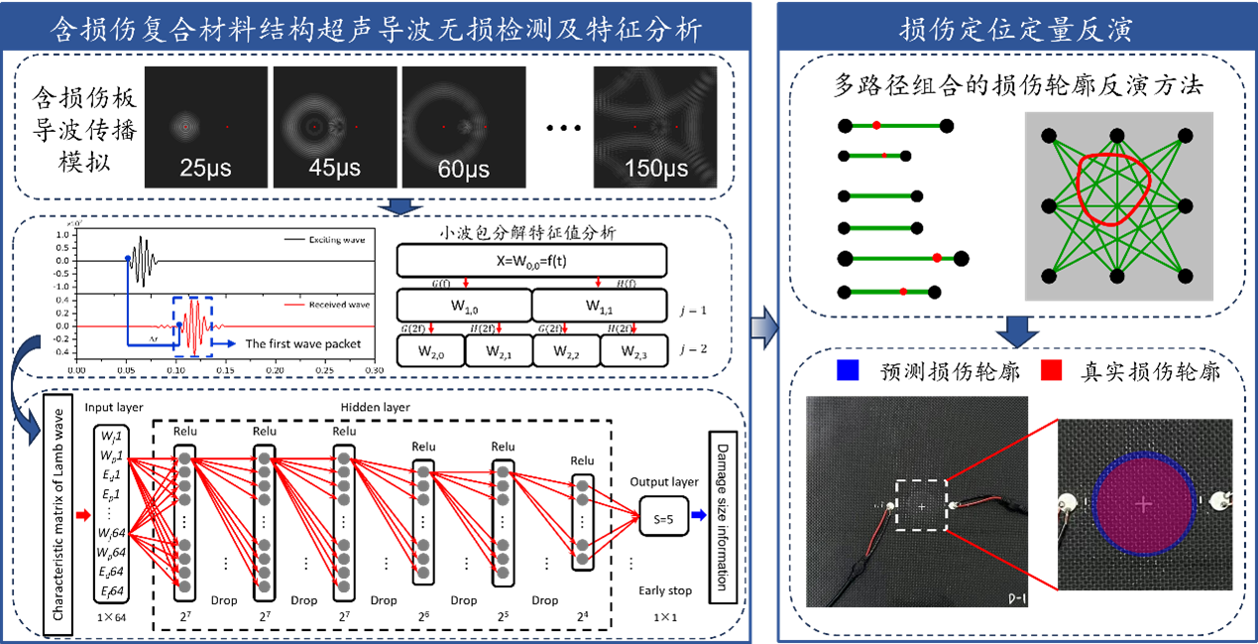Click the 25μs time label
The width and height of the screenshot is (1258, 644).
(205, 168)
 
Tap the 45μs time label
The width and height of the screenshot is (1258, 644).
(334, 168)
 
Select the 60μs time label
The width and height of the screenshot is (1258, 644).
(463, 169)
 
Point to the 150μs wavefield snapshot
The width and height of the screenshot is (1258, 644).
(655, 126)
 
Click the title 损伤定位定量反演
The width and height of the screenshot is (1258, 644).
(1016, 30)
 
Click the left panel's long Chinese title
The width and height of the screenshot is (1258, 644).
(377, 30)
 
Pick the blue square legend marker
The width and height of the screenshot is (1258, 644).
(848, 370)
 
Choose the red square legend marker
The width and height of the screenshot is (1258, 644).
(1051, 370)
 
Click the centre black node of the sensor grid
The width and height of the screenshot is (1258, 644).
(1117, 206)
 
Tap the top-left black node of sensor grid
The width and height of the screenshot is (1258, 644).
(1050, 136)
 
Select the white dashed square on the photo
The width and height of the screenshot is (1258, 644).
(922, 506)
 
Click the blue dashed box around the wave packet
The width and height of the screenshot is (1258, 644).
(192, 325)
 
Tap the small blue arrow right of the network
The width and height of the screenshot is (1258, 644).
(699, 515)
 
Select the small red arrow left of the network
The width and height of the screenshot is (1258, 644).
(83, 515)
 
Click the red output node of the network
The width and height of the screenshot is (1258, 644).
(635, 516)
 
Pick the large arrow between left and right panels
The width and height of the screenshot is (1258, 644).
(762, 328)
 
